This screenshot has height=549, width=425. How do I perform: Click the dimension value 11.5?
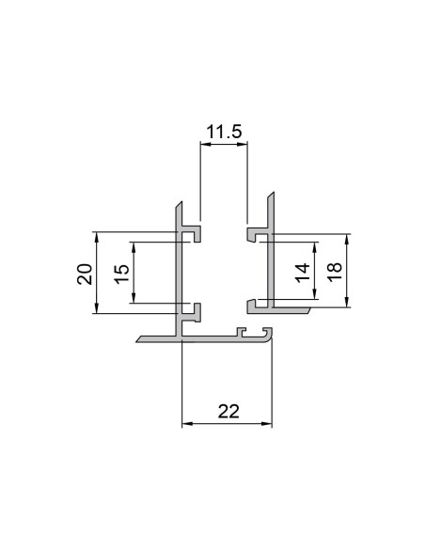[224, 133]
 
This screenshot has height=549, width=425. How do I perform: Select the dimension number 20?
[84, 274]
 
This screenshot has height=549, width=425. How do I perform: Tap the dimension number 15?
[120, 274]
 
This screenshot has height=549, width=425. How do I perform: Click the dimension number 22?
[227, 411]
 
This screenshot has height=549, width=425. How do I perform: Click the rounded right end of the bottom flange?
[271, 337]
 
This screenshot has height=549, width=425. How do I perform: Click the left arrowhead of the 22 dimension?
[184, 424]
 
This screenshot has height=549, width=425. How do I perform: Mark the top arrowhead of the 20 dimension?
[98, 236]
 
